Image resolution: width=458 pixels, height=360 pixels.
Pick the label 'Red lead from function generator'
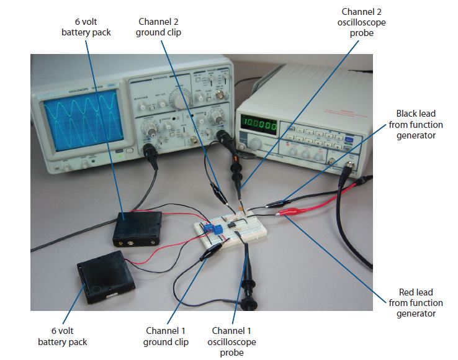point(416,302)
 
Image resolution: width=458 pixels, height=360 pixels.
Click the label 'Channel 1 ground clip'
point(166,336)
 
